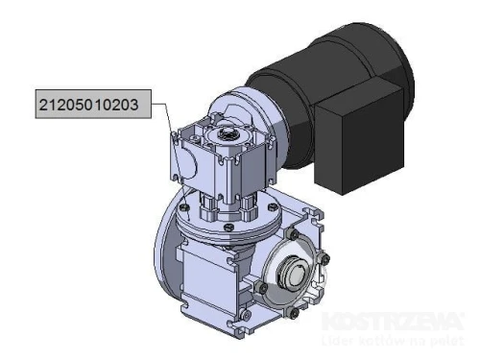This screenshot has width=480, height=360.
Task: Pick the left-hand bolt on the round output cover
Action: tap(260, 287)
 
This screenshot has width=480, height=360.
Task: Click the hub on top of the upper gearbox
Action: tap(229, 132)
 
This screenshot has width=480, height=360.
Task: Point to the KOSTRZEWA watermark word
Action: tap(392, 320)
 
